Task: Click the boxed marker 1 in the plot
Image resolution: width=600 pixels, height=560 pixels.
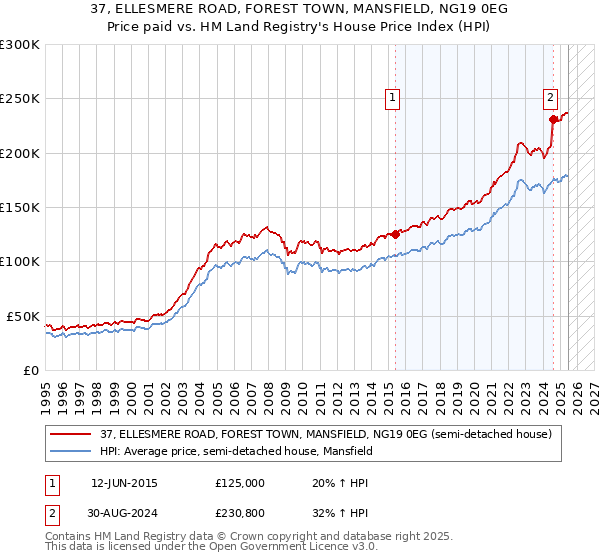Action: [393, 98]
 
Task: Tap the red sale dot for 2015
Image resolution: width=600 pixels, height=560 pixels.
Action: [395, 234]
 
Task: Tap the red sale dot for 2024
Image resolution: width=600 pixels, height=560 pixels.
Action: [553, 119]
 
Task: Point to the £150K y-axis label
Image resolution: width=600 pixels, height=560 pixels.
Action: [19, 208]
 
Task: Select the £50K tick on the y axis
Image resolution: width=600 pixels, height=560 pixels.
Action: [23, 316]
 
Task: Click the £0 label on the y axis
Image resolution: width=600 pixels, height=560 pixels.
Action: [30, 370]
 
